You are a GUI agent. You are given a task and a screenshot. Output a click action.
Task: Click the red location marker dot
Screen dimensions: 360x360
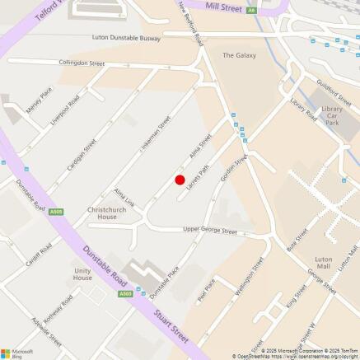pyautogui.click(x=180, y=180)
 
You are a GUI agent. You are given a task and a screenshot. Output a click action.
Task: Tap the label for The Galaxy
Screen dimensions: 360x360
pyautogui.click(x=239, y=55)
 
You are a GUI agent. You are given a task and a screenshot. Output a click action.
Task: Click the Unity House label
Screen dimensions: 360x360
pyautogui.click(x=82, y=274)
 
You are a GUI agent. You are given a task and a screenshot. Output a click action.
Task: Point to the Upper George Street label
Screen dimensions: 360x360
pyautogui.click(x=209, y=230)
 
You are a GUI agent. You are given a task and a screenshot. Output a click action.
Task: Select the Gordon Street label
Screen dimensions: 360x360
pyautogui.click(x=232, y=171)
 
